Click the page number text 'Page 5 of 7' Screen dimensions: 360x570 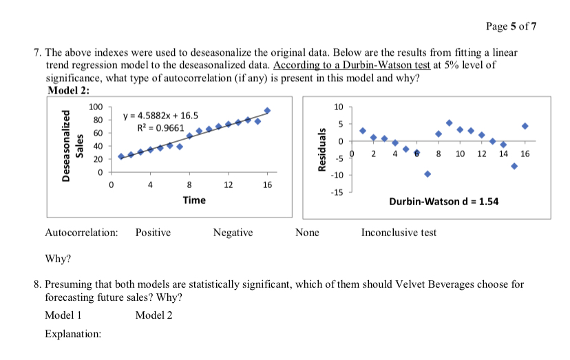(511, 27)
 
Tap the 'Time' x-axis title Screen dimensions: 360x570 (193, 200)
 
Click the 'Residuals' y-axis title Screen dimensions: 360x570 (317, 147)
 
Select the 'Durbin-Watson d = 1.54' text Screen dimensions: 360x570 (443, 202)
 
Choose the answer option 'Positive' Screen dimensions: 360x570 (153, 233)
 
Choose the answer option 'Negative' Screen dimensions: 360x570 (233, 233)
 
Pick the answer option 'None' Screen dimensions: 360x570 (307, 233)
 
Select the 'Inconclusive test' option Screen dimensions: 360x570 (399, 233)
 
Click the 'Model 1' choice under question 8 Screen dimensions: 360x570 (63, 315)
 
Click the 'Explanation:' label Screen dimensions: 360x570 (72, 334)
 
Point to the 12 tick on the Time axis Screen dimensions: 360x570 (229, 184)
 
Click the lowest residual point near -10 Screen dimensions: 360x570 (427, 173)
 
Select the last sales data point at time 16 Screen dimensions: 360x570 (267, 111)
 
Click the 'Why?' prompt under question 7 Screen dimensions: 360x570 (58, 259)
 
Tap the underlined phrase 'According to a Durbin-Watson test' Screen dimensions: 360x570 (352, 65)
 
